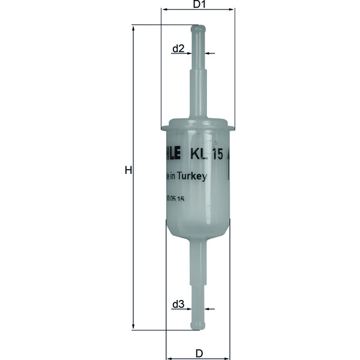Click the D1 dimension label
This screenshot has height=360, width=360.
199,5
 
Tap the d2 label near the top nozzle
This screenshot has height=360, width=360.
178,48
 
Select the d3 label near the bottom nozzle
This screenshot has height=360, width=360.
178,305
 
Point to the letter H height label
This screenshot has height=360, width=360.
128,170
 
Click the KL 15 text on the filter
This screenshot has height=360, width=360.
208,154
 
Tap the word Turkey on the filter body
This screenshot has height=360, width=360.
193,176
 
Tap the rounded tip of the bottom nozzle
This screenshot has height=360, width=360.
197,326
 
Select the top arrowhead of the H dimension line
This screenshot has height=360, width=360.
134,27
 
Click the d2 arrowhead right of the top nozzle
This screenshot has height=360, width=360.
208,54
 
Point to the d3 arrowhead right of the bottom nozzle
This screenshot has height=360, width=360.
208,310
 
